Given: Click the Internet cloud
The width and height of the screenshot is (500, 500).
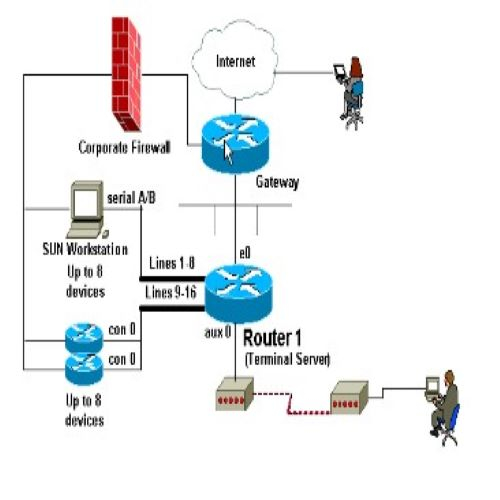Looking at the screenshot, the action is coord(235,60).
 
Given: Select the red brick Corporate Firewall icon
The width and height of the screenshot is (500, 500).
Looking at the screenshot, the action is coord(126,74).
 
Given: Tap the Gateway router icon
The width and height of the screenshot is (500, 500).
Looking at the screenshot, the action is coord(235,144).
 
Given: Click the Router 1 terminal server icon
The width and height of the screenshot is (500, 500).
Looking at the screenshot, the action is coord(238,294).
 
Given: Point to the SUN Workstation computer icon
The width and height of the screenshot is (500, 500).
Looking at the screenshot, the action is coord(87,209).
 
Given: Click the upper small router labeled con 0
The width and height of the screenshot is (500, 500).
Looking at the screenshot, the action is coord(84,337).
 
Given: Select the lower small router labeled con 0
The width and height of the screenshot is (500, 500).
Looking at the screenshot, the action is coord(84,368).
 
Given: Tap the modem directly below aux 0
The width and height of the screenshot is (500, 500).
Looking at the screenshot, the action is coord(235,394).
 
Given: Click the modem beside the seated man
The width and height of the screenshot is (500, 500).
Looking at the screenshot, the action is coord(349,398).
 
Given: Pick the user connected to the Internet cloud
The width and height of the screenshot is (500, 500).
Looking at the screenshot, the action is coord(349,93).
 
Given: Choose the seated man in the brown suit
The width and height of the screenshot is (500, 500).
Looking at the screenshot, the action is coord(443,408).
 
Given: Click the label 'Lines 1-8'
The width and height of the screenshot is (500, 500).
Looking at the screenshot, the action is coord(172,263).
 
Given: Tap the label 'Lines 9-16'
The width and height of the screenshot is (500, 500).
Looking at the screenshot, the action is coord(171,293).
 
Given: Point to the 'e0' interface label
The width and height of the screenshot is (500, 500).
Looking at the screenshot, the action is coord(245,253).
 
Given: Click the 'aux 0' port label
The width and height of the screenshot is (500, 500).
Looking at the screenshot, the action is coord(218,332).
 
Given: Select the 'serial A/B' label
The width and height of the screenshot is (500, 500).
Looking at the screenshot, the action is coord(131,198).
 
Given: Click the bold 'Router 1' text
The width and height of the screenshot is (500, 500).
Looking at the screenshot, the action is coord(272,338).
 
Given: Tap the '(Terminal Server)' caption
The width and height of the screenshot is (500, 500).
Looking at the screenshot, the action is coord(287,359).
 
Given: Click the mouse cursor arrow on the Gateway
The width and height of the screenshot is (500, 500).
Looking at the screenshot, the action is coord(228,152).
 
